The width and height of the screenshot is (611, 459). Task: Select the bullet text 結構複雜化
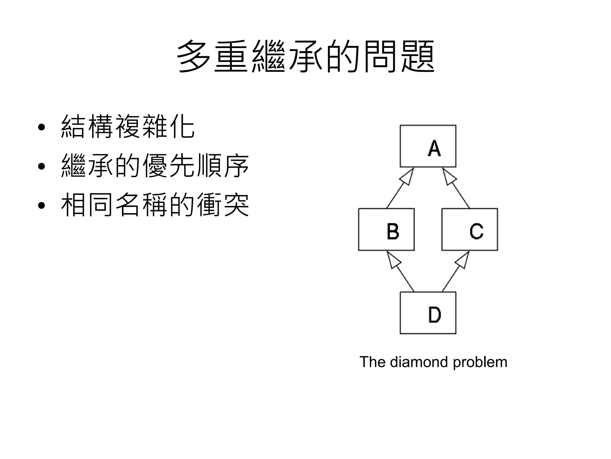pyautogui.click(x=128, y=127)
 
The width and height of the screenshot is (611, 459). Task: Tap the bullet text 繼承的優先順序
pyautogui.click(x=155, y=166)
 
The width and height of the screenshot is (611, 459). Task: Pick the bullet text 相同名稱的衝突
pyautogui.click(x=155, y=205)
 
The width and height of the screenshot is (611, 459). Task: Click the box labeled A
pyautogui.click(x=428, y=146)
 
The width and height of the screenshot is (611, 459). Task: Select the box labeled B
pyautogui.click(x=386, y=229)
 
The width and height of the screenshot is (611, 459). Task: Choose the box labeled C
pyautogui.click(x=470, y=229)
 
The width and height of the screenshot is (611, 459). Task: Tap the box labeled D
pyautogui.click(x=428, y=313)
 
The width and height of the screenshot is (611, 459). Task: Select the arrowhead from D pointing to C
pyautogui.click(x=463, y=260)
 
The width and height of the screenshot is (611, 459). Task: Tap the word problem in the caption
pyautogui.click(x=480, y=362)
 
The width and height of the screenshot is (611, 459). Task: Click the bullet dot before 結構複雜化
pyautogui.click(x=41, y=127)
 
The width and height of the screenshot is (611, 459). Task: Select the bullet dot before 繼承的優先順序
pyautogui.click(x=41, y=166)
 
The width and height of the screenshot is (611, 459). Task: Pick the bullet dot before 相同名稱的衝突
pyautogui.click(x=41, y=206)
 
